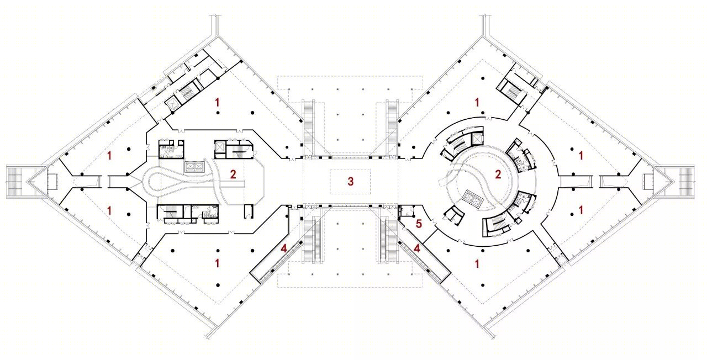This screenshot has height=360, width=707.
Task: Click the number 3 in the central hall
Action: click(x=350, y=182)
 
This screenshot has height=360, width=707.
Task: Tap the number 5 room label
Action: click(x=419, y=224)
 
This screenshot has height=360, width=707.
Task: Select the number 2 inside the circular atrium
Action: click(x=498, y=174)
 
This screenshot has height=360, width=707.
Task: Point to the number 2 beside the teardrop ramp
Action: click(x=233, y=174)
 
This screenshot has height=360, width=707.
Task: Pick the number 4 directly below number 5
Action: click(x=417, y=248)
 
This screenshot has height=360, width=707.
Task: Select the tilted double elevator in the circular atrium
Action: click(x=472, y=199)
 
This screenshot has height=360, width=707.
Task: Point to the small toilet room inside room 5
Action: click(x=407, y=211)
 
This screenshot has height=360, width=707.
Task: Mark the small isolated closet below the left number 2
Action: click(x=249, y=211)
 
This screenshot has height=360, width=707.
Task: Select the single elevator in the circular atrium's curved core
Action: click(x=477, y=139)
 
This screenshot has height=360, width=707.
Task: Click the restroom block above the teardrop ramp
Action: click(x=171, y=149)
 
